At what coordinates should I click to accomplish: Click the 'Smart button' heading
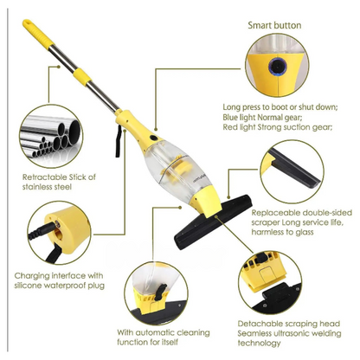coord(274,25)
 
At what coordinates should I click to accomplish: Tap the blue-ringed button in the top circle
coord(278,67)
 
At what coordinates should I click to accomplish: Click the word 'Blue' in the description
coord(230,117)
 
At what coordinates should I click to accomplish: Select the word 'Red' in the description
coord(229,127)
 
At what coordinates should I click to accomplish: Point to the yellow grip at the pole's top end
coord(38,33)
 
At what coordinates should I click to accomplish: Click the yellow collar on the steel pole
coord(82,76)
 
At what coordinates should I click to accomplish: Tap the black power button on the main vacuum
coord(154,138)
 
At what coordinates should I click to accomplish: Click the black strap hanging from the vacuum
coord(118,141)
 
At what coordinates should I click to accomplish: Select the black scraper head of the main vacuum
coord(214,222)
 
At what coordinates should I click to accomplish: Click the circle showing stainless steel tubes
coord(51,136)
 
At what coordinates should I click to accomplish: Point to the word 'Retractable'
coord(44,177)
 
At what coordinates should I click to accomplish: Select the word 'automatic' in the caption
coord(155,332)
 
